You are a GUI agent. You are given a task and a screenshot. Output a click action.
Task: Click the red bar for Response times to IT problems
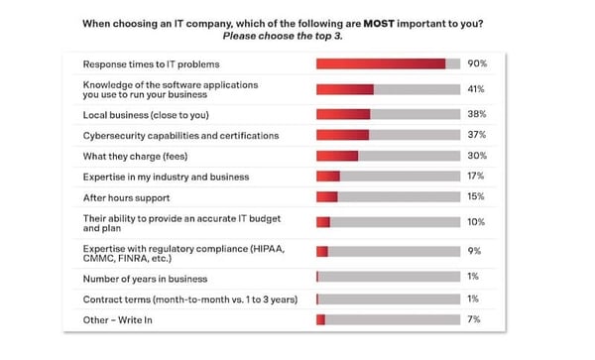point(380,63)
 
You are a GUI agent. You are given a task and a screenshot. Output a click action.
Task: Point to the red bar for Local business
point(343,114)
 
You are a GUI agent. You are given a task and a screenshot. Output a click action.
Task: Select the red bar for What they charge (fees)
point(337,156)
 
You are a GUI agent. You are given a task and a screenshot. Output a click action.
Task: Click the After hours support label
point(127,196)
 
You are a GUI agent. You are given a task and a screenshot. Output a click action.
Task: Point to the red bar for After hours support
point(326,196)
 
